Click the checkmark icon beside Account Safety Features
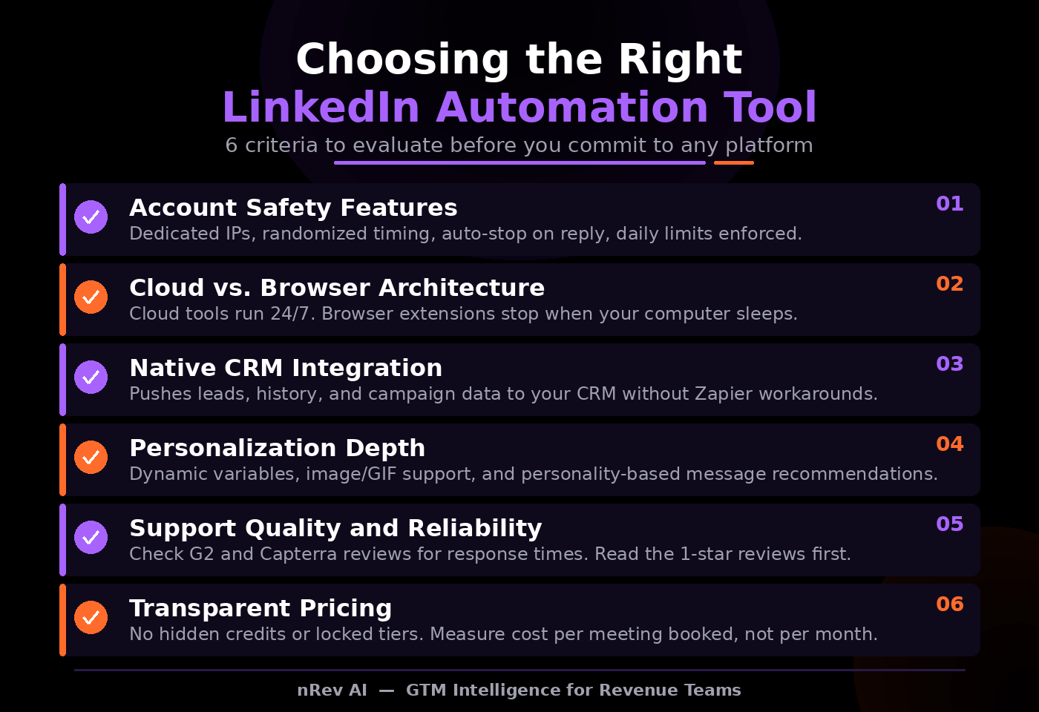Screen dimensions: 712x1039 point(91,217)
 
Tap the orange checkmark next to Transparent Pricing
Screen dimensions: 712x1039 point(91,617)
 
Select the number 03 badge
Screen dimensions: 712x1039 point(949,364)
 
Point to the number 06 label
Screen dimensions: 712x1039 point(949,604)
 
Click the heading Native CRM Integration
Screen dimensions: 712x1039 point(286,368)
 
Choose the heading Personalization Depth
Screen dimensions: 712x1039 point(277,448)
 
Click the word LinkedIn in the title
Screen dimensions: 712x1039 point(321,108)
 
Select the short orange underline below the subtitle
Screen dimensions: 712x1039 point(733,162)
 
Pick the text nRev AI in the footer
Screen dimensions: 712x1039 point(332,690)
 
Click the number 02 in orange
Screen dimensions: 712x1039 point(949,284)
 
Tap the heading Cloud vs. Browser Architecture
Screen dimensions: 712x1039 point(337,288)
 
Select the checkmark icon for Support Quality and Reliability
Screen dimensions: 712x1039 point(91,537)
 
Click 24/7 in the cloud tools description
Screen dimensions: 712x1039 point(292,314)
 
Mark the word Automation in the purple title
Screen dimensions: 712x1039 point(571,108)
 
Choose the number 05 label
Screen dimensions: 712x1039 point(949,524)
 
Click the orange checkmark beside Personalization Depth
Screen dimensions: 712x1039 point(91,457)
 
